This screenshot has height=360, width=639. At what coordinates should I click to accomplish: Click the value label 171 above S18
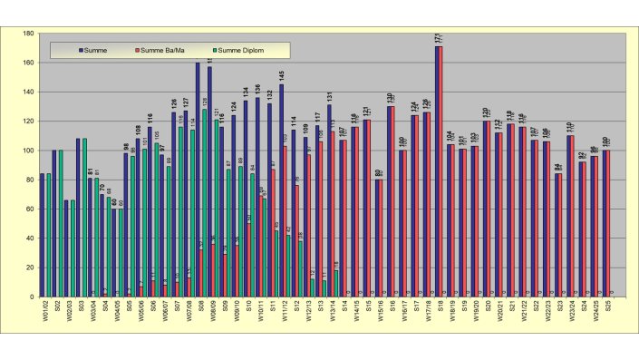tap(439, 38)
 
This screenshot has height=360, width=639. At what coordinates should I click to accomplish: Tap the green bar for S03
tap(85, 217)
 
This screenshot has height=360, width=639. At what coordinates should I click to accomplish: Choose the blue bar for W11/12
tap(281, 190)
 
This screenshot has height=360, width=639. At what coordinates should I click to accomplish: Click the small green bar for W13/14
tap(336, 282)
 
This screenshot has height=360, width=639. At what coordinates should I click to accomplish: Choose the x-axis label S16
tap(392, 306)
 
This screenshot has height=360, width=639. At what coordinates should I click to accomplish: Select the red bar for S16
tap(392, 200)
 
